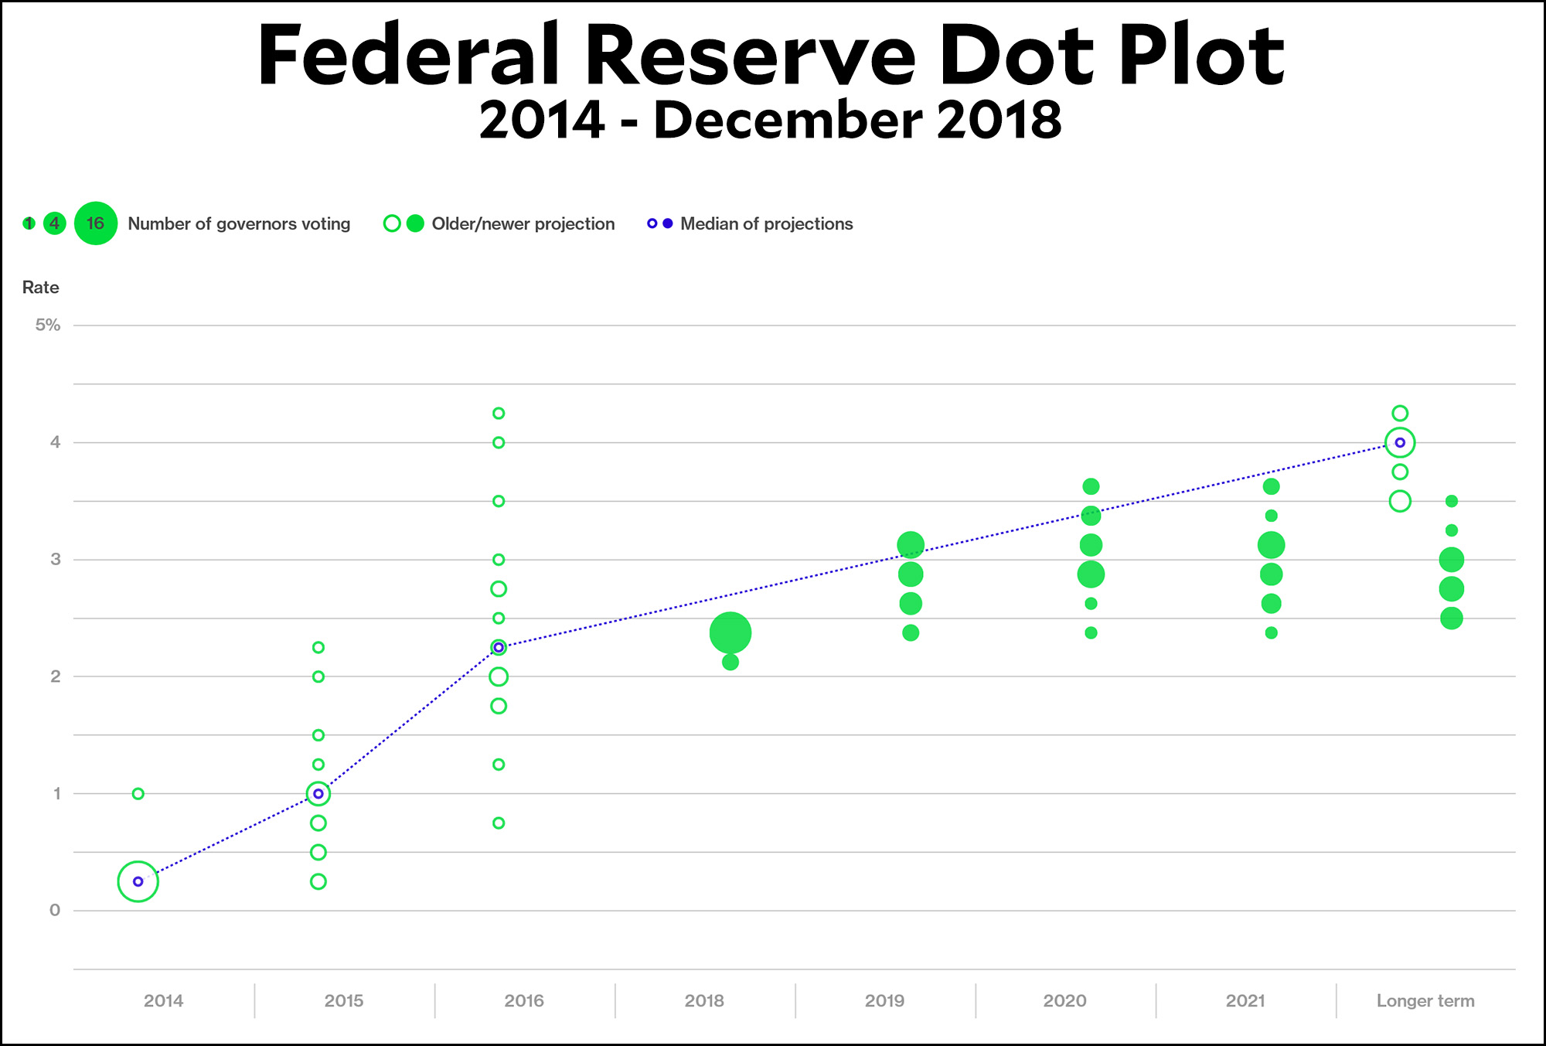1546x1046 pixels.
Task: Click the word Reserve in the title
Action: tap(750, 56)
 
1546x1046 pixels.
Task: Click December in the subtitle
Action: tap(788, 121)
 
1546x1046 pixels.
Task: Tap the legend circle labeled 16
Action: tap(96, 223)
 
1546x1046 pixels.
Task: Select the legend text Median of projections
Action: tap(766, 224)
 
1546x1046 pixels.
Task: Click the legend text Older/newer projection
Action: tap(523, 224)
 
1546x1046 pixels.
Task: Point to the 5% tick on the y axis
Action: tap(47, 325)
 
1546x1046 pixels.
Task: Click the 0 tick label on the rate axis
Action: tap(55, 910)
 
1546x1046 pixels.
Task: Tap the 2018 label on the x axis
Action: tap(704, 1000)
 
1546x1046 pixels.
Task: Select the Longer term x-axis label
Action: tap(1425, 1000)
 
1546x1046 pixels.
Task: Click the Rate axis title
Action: tap(40, 288)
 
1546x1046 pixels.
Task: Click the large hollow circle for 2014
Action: tap(138, 881)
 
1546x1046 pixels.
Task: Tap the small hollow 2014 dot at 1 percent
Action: tap(138, 793)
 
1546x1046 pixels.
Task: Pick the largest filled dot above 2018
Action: tap(730, 633)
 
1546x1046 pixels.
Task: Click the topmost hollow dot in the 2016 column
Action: tap(499, 413)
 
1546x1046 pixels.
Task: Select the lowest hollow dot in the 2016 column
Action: tap(499, 823)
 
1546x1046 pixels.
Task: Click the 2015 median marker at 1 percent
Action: tap(318, 793)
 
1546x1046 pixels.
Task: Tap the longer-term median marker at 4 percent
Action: tap(1400, 442)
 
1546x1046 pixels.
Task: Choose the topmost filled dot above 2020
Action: tap(1091, 486)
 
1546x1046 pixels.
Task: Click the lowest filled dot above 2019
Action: tap(911, 632)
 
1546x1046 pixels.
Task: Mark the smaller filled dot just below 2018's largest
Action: tap(730, 663)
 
